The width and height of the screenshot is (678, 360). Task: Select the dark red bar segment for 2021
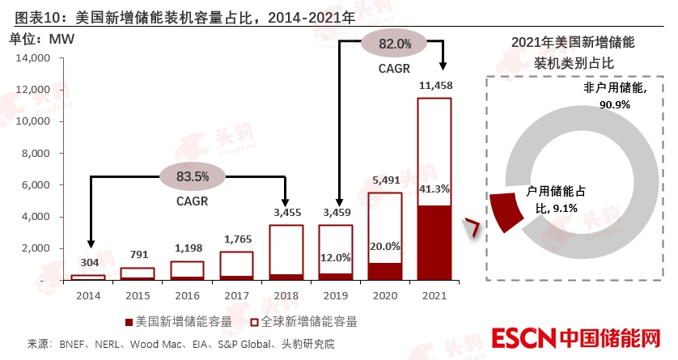(434, 242)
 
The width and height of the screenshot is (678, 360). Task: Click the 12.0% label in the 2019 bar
(335, 258)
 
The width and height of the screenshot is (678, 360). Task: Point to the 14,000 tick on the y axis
(33, 58)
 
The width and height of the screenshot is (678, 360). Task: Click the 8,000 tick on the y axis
(36, 153)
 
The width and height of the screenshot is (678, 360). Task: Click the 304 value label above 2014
(89, 262)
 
